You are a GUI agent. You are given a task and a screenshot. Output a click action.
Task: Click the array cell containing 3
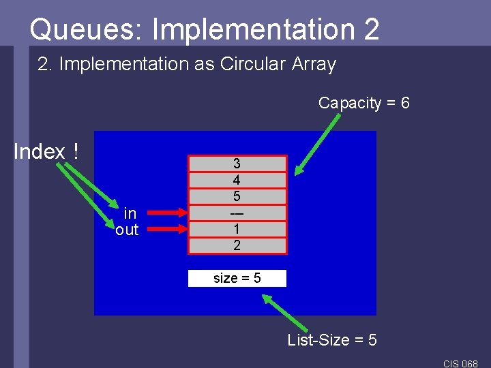pos(237,164)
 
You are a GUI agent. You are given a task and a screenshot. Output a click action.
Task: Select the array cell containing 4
pos(237,180)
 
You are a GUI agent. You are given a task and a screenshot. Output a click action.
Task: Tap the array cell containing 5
pos(237,196)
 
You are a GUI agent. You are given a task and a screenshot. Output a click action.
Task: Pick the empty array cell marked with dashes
pos(237,213)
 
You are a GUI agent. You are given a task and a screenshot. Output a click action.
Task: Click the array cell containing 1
pos(237,229)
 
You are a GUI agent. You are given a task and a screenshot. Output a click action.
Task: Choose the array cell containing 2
pos(237,245)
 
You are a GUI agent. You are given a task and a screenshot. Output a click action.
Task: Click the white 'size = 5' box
pos(237,278)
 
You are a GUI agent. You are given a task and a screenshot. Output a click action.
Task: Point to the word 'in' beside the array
pos(130,214)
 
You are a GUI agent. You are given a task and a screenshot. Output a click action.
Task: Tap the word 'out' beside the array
pos(127,230)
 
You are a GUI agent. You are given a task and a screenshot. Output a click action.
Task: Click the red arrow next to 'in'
pos(166,213)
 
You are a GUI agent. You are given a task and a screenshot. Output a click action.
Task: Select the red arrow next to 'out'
pos(166,230)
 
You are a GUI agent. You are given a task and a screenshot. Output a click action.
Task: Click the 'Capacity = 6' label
pos(363,103)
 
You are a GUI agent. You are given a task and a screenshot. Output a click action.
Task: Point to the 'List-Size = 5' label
pos(332,339)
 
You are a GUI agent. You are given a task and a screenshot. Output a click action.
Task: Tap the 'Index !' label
pos(46,151)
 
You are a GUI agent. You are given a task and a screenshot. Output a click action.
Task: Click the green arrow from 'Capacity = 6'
pos(318,142)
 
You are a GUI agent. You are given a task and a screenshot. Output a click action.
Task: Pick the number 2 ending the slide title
pos(371,29)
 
